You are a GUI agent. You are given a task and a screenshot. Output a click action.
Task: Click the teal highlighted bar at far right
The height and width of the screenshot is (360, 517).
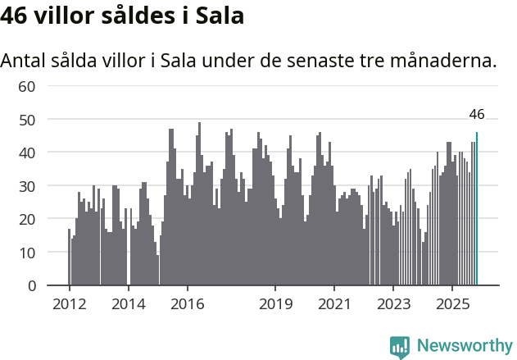477,209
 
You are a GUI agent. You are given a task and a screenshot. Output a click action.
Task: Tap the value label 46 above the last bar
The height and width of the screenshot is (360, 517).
477,115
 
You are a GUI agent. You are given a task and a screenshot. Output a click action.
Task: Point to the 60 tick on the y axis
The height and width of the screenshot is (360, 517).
27,86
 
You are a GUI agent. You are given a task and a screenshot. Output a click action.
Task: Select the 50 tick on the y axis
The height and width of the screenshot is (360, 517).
27,120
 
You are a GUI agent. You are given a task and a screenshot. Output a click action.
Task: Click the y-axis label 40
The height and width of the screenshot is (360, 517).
27,153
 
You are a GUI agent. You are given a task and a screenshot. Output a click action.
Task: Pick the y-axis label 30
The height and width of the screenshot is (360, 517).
27,186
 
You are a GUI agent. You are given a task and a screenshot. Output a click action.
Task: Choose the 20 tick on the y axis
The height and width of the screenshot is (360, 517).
27,219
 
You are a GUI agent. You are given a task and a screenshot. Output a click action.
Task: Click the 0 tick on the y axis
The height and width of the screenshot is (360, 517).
31,286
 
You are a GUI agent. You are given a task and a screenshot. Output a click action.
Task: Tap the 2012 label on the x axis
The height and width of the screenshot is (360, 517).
69,303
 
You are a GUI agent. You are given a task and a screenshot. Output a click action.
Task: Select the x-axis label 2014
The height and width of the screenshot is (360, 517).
128,303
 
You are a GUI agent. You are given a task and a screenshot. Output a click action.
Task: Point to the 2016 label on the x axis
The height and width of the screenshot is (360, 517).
187,303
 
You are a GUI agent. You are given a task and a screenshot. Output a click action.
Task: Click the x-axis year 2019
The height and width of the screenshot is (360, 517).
276,303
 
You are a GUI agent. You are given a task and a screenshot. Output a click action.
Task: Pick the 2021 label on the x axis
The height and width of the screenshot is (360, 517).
335,303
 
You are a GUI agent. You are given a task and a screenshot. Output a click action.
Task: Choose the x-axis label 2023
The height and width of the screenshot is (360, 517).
394,303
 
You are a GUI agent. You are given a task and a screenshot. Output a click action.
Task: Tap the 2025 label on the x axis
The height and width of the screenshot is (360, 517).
453,303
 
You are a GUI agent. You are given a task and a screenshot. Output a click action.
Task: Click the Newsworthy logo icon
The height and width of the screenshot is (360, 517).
400,346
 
